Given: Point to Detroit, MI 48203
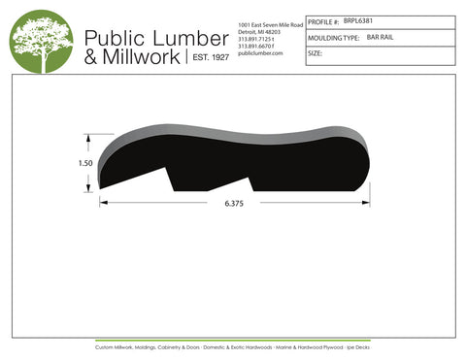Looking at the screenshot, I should pos(258,31).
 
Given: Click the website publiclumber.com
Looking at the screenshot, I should pos(259,53).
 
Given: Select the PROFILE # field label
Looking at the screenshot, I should pos(322,19).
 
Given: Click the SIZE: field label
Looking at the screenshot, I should pos(315,53).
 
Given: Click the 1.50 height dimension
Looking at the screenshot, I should pos(85,164).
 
